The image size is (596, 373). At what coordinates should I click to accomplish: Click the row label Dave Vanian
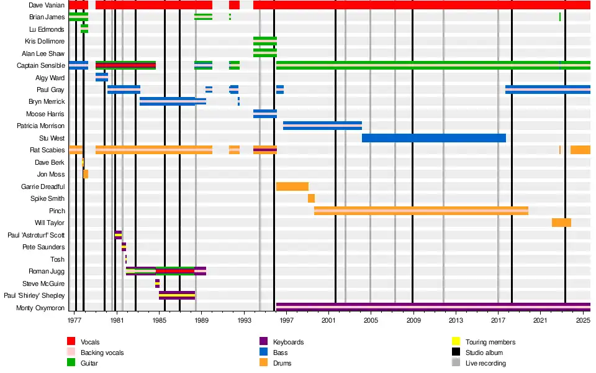point(46,5)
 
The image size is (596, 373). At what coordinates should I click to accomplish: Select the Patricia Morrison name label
point(40,126)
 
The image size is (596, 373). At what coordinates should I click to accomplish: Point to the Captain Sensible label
point(40,65)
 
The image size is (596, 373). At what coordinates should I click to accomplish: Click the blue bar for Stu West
point(433,137)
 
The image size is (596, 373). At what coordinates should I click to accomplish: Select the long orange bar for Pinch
point(421,211)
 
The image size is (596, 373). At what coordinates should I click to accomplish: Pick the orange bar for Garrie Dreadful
point(292,186)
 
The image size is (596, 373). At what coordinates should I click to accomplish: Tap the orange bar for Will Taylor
point(561,223)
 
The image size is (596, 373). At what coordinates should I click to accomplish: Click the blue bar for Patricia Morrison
point(322,126)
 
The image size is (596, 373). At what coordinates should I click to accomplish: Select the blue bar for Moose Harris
point(265,114)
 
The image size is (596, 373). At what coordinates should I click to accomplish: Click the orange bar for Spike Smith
point(311,198)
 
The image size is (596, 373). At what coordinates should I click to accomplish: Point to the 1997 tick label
point(286,320)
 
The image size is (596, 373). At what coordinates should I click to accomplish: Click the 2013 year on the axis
point(456,320)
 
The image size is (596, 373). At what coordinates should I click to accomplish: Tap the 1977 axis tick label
point(74,320)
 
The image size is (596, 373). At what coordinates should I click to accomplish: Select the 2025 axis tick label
point(582,320)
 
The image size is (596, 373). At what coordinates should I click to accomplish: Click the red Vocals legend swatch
point(71,342)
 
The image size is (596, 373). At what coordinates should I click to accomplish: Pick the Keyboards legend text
point(289,342)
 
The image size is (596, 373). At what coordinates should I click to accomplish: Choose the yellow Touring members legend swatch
point(455,342)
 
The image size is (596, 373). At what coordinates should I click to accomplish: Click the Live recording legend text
point(485,363)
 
